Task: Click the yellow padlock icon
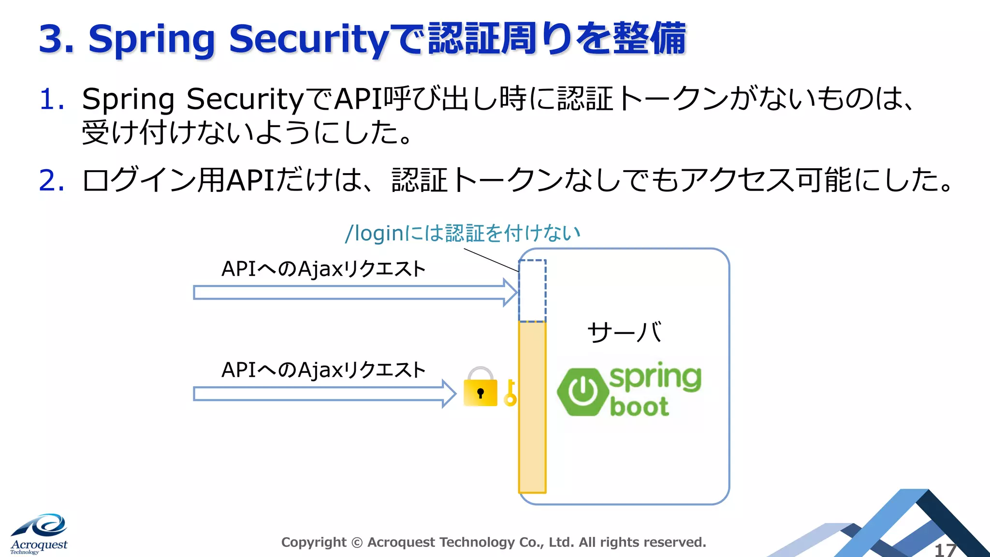pyautogui.click(x=480, y=388)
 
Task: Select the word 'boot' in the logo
pyautogui.click(x=639, y=406)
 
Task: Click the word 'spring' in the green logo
pyautogui.click(x=655, y=378)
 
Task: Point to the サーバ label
pyautogui.click(x=624, y=333)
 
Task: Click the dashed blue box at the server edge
pyautogui.click(x=532, y=291)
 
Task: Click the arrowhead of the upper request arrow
pyautogui.click(x=510, y=293)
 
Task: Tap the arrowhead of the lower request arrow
pyautogui.click(x=449, y=394)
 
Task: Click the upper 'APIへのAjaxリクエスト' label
pyautogui.click(x=323, y=269)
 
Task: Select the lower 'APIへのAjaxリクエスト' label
pyautogui.click(x=323, y=370)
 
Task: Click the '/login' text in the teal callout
pyautogui.click(x=374, y=234)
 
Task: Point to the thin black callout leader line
pyautogui.click(x=491, y=260)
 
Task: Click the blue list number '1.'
pyautogui.click(x=52, y=99)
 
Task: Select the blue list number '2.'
pyautogui.click(x=52, y=181)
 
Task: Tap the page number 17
pyautogui.click(x=945, y=550)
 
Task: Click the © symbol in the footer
pyautogui.click(x=357, y=542)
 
